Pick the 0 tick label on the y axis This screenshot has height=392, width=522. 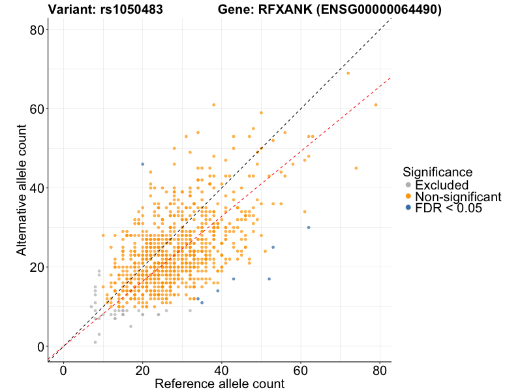click(40, 346)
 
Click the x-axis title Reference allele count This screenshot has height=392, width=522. click(219, 384)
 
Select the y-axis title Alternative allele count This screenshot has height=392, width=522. click(22, 188)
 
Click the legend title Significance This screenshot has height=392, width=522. click(437, 172)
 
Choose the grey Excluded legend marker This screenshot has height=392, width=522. click(408, 185)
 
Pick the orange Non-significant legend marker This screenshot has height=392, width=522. click(408, 196)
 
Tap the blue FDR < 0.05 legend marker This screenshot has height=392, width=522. click(408, 207)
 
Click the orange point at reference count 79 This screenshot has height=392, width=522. click(376, 105)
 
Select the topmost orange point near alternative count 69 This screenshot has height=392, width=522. click(348, 73)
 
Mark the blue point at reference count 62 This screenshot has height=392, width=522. click(309, 227)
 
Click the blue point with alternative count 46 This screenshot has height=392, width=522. click(142, 164)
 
